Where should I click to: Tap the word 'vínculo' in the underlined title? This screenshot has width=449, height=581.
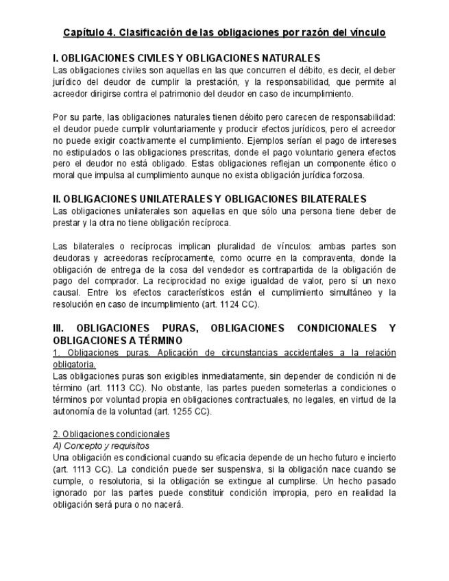366,32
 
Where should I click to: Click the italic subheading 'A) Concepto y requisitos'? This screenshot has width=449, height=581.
101,446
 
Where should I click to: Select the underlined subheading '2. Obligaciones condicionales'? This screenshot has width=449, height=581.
111,434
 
